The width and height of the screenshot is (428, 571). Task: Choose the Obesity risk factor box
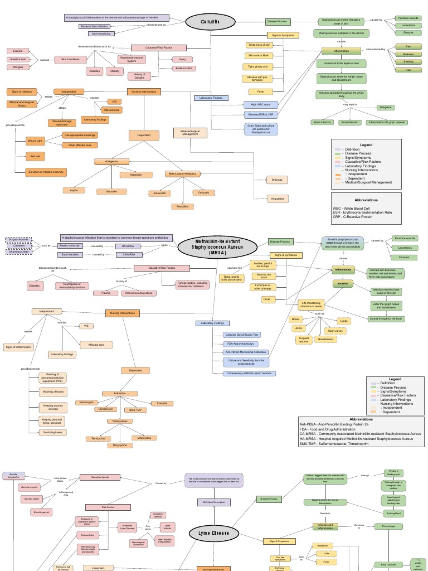[115, 71]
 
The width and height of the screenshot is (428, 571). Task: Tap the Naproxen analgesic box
[136, 175]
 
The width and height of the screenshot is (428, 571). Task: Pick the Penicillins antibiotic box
[182, 207]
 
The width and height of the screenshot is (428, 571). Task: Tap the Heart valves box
[335, 331]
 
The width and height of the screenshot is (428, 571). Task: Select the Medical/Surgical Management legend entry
[369, 182]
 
